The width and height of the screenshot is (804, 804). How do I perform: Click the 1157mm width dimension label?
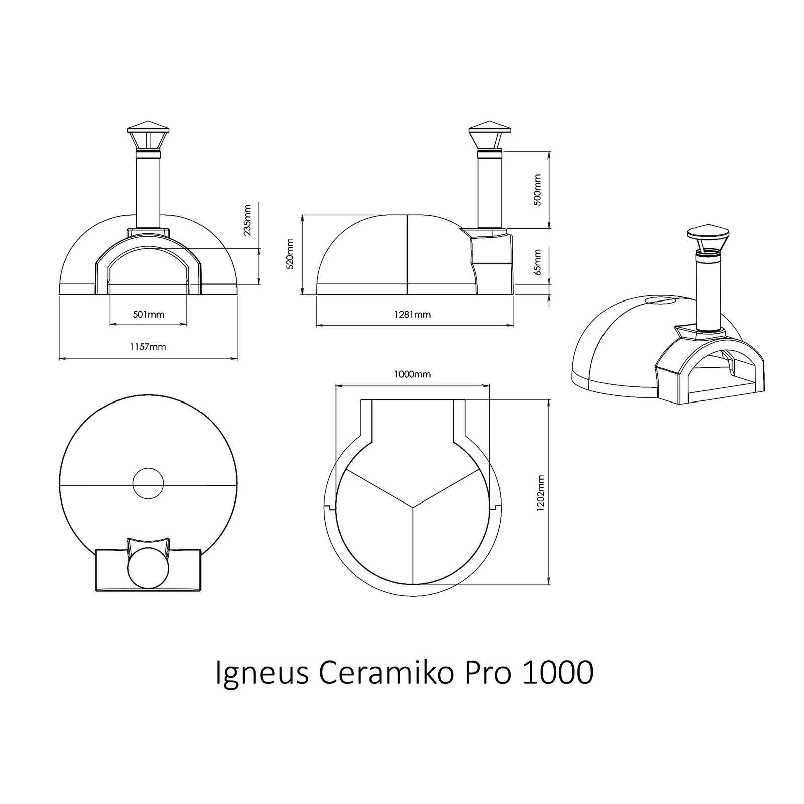click(148, 347)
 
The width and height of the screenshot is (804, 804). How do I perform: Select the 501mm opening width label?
click(148, 315)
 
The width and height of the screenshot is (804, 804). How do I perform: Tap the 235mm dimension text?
click(246, 220)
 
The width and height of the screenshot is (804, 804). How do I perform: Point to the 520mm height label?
click(290, 254)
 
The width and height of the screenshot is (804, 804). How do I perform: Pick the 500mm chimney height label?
click(538, 189)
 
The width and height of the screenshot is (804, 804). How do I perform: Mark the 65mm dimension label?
click(538, 262)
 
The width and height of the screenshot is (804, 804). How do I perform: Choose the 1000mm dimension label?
click(412, 374)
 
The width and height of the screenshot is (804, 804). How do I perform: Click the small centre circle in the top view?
click(148, 483)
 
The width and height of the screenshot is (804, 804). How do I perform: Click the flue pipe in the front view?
click(148, 191)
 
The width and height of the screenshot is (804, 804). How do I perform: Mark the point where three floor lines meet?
click(413, 507)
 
